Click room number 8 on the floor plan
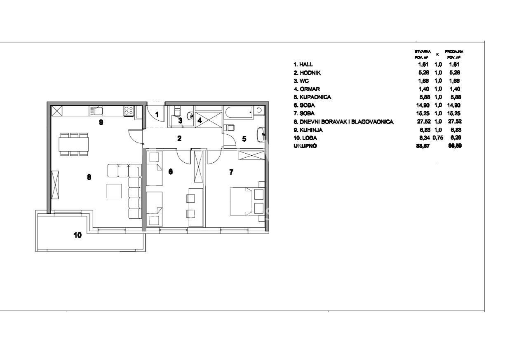click(x=89, y=177)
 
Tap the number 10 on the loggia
click(x=78, y=235)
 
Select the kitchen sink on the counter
click(x=98, y=110)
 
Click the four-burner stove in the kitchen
click(x=129, y=110)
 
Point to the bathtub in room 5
click(x=239, y=111)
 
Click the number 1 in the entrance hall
click(x=157, y=114)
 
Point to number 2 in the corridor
click(x=179, y=139)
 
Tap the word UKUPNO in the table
click(x=305, y=146)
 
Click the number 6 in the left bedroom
click(x=170, y=172)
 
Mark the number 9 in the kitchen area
click(x=101, y=122)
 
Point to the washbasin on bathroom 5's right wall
click(x=261, y=133)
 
